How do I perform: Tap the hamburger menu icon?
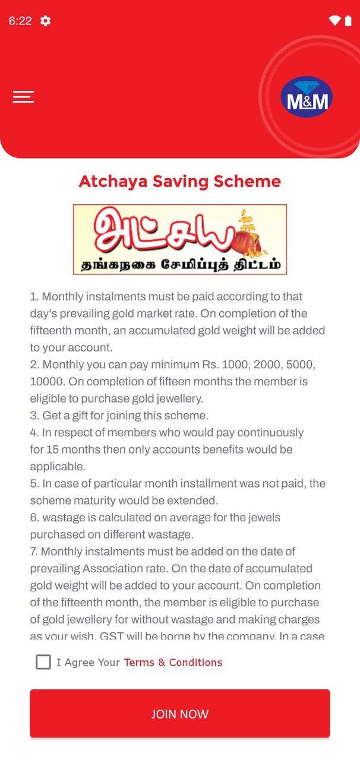pos(23,97)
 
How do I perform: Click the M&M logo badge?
pos(307,97)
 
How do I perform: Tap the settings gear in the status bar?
pos(45,21)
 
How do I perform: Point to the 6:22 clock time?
pos(20,21)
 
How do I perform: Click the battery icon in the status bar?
pos(348,21)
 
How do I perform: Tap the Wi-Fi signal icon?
pos(334,21)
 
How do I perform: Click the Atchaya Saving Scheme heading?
pos(180,181)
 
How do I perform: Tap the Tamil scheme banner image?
pos(180,239)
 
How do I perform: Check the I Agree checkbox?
pos(43,662)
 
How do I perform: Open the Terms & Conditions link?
pos(173,662)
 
